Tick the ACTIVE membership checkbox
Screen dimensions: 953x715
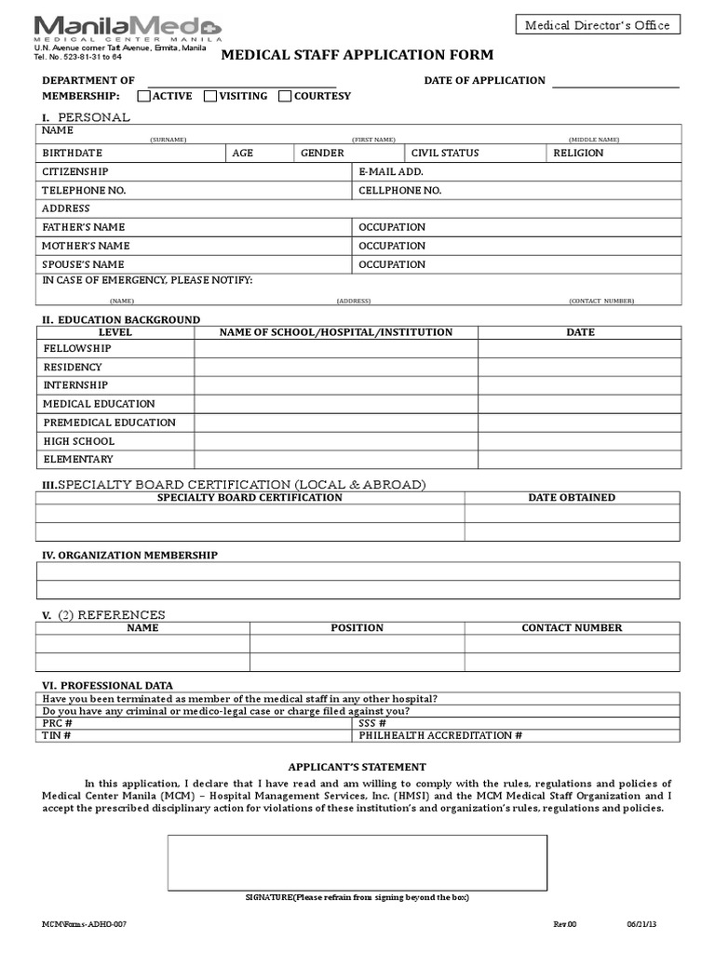coord(144,96)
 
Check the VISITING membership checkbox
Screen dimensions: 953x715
coord(211,96)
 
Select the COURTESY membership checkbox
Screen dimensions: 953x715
coord(285,96)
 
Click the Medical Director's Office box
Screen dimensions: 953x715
coord(597,25)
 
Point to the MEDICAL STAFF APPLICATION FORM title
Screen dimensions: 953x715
coord(357,56)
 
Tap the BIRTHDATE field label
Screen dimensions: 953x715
coord(73,153)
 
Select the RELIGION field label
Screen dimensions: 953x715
coord(578,153)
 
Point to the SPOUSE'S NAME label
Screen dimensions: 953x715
coord(84,264)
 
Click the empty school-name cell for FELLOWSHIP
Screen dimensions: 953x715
coord(335,348)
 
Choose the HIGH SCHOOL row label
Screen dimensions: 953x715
coord(79,441)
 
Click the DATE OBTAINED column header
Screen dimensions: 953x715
coord(572,498)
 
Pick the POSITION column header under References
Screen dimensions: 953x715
coord(357,628)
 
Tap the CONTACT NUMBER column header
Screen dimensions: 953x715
coord(572,628)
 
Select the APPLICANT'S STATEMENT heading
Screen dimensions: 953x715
coord(357,767)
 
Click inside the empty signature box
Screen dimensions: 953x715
coord(357,863)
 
